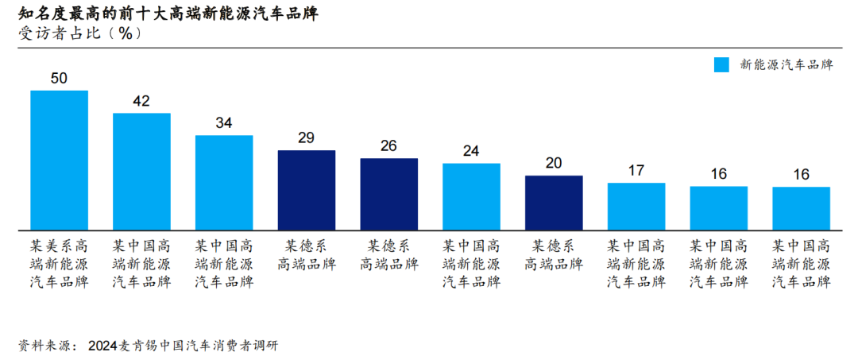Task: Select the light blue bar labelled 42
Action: click(x=141, y=172)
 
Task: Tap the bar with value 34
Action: click(x=224, y=183)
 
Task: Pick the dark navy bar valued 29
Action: click(x=306, y=190)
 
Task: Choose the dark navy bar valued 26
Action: click(x=388, y=194)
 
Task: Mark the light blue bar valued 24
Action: click(x=471, y=196)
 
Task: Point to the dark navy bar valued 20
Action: click(x=554, y=203)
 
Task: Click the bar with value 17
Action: click(x=636, y=207)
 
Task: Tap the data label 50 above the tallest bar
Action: click(x=59, y=78)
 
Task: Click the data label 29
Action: click(x=306, y=137)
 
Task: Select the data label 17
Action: click(x=636, y=170)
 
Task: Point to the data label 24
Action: click(x=471, y=151)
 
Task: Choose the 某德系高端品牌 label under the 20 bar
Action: click(x=554, y=255)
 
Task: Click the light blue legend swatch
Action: click(x=721, y=65)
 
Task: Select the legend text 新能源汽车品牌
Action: click(x=786, y=65)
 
